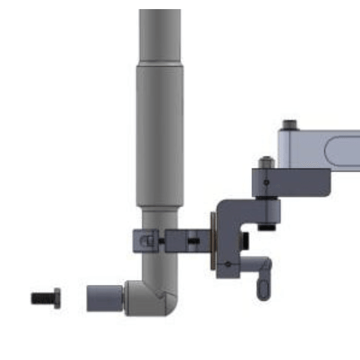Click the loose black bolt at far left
coord(45,298)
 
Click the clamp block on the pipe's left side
coord(145,241)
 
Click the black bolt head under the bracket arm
coord(266,227)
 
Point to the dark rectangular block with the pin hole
coord(291,182)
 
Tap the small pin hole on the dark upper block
coord(265,182)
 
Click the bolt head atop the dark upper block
coord(265,162)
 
